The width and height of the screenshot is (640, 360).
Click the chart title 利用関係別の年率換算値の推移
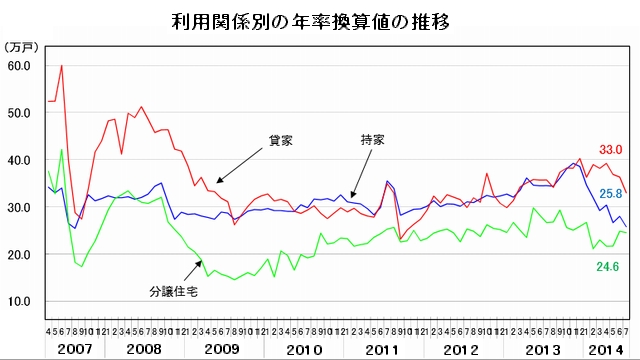[319, 20]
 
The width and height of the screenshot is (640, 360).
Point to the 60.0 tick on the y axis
[20, 65]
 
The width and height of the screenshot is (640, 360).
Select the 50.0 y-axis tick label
[20, 112]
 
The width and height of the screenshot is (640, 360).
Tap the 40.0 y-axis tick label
[20, 160]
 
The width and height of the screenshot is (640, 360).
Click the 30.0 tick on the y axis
[20, 207]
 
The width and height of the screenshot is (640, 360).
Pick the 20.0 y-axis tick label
[20, 254]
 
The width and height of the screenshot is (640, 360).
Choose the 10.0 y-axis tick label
[20, 302]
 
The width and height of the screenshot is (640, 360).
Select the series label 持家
[373, 139]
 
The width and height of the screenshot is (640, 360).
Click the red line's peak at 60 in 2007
[62, 66]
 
